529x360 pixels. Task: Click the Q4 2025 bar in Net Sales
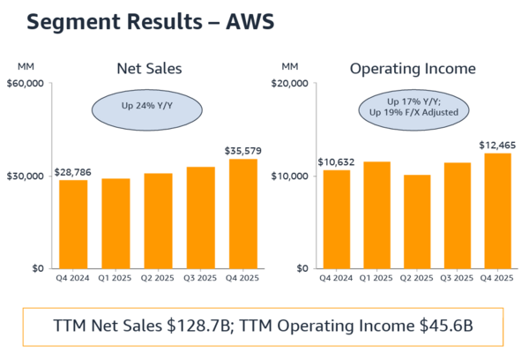(243, 214)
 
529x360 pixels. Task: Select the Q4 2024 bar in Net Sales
(73, 224)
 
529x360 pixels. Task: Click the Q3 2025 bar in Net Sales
(201, 217)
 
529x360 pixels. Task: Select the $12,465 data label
(499, 145)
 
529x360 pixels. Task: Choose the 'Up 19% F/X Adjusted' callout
(413, 112)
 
